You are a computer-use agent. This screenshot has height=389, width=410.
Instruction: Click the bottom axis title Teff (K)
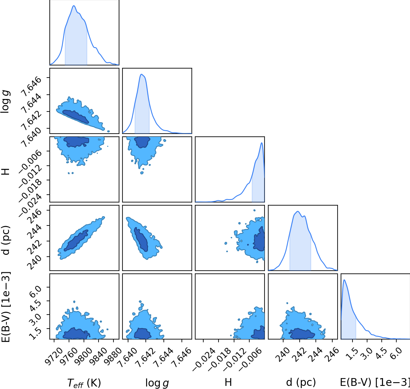pos(84,383)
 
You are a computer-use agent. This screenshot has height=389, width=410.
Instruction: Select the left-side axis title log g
pos(5,102)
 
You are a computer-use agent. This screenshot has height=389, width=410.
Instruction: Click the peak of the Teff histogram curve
pos(74,6)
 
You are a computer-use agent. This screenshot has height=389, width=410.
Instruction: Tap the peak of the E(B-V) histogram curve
pos(344,280)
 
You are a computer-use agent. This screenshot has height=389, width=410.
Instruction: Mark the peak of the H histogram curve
pos(261,143)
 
